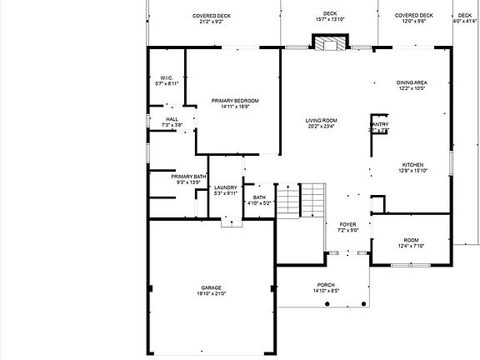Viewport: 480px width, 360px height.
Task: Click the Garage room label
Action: (x=210, y=287)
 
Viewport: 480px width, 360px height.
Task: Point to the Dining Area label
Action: (x=412, y=82)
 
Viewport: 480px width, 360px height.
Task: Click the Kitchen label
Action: (x=413, y=165)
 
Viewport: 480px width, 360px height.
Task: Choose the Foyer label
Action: (x=347, y=225)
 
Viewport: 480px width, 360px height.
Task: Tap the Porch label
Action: (x=325, y=285)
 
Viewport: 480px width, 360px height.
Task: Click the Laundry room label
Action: (x=226, y=188)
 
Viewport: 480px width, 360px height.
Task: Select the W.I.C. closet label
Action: (x=166, y=77)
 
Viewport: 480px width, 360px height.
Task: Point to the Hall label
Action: (x=172, y=119)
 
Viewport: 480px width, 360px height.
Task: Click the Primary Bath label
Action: (x=188, y=177)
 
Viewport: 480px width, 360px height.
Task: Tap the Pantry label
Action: (x=379, y=125)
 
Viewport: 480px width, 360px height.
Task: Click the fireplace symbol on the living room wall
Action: (x=323, y=44)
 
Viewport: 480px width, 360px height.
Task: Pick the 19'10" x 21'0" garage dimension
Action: (x=210, y=293)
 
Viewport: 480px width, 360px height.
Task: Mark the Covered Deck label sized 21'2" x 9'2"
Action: (x=212, y=15)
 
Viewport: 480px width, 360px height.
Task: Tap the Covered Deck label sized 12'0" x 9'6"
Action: (x=414, y=15)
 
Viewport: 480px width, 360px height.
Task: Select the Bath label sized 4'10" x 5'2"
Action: (x=258, y=197)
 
